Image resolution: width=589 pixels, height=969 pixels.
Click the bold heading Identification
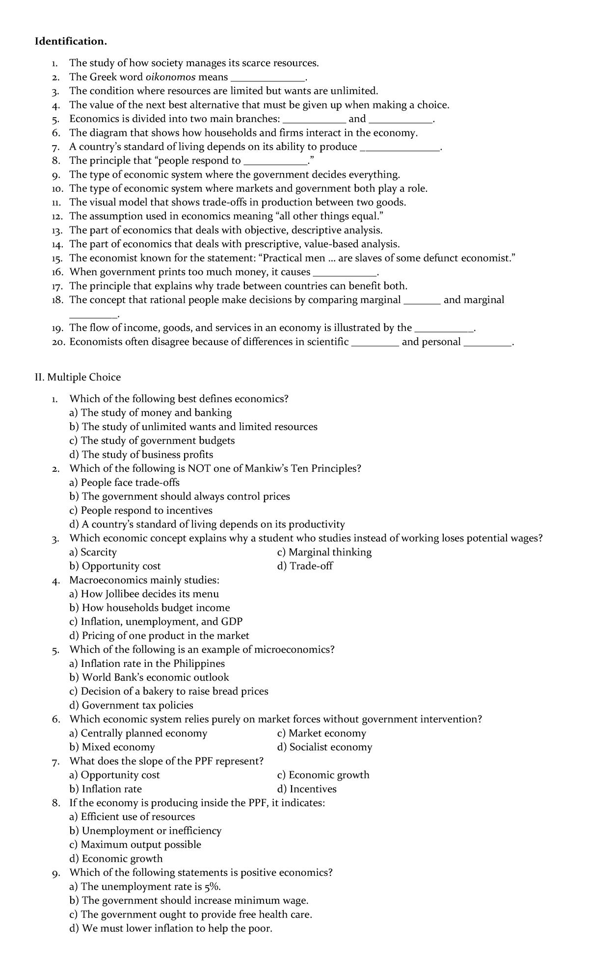pyautogui.click(x=70, y=41)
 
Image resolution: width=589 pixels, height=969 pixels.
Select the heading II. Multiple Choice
pyautogui.click(x=77, y=377)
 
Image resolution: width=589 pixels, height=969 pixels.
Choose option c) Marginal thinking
pyautogui.click(x=324, y=552)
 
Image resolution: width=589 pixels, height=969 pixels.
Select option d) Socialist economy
pyautogui.click(x=324, y=747)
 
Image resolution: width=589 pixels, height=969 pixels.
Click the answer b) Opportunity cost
pyautogui.click(x=115, y=566)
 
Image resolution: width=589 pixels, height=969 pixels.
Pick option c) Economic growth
pyautogui.click(x=323, y=775)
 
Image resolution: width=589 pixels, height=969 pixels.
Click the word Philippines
pyautogui.click(x=199, y=663)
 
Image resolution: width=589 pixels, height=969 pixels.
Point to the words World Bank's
pyautogui.click(x=113, y=677)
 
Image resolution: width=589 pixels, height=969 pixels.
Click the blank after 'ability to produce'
pyautogui.click(x=400, y=147)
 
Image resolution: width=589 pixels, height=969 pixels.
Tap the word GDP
pyautogui.click(x=232, y=622)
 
